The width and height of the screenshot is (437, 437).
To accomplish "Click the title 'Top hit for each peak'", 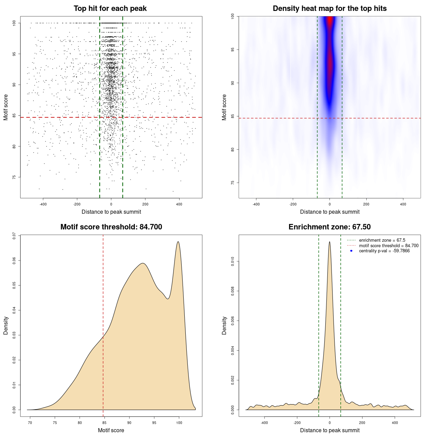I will click(x=110, y=9).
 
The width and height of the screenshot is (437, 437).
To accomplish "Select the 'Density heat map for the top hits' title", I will click(x=329, y=9).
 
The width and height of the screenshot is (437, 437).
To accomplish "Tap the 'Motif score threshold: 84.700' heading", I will click(x=111, y=227).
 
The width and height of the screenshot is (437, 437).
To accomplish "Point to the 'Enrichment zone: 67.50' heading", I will click(x=329, y=227).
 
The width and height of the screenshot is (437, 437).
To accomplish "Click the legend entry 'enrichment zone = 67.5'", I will click(x=382, y=240).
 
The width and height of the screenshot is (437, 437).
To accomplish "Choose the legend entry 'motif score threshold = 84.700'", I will click(x=389, y=246).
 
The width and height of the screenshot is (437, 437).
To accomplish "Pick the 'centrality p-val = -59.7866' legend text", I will click(x=384, y=251).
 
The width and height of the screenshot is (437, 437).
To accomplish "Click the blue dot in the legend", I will click(x=351, y=251).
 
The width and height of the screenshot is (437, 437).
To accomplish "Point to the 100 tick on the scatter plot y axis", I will click(x=14, y=23).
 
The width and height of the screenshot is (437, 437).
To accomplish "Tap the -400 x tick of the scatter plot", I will click(x=43, y=204).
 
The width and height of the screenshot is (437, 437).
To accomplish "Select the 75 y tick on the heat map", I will click(x=232, y=183).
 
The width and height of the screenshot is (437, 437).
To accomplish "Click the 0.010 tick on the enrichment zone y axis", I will click(x=232, y=262).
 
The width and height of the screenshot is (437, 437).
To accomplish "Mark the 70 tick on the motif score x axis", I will click(x=30, y=423).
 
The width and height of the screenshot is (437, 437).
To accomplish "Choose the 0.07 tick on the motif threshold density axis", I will click(x=14, y=236).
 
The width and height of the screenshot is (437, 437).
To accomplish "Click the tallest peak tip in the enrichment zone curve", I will click(x=329, y=242).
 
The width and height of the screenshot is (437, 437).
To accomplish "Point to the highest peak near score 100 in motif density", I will click(x=178, y=242).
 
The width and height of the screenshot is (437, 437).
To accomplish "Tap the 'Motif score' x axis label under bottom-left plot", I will click(x=111, y=430).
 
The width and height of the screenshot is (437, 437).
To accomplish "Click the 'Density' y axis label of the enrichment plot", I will click(x=224, y=325).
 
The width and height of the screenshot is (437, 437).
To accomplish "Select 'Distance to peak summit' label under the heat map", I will click(x=329, y=212).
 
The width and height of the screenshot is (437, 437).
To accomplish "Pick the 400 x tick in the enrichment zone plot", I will click(x=395, y=423).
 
